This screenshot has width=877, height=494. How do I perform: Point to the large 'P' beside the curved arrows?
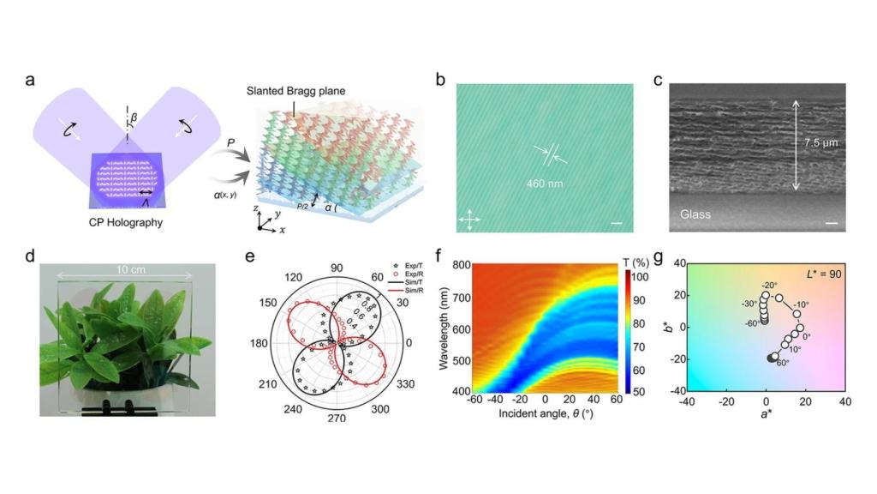[230, 145]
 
